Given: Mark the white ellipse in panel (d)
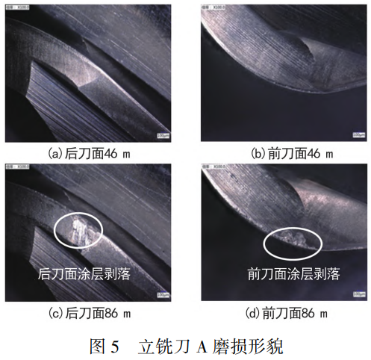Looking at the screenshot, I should (293, 240).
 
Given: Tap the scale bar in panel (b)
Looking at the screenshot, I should (358, 135).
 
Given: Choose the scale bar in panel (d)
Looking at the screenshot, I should (358, 296).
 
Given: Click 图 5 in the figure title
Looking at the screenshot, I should (105, 345).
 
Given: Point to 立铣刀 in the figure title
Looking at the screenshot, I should (163, 345).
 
